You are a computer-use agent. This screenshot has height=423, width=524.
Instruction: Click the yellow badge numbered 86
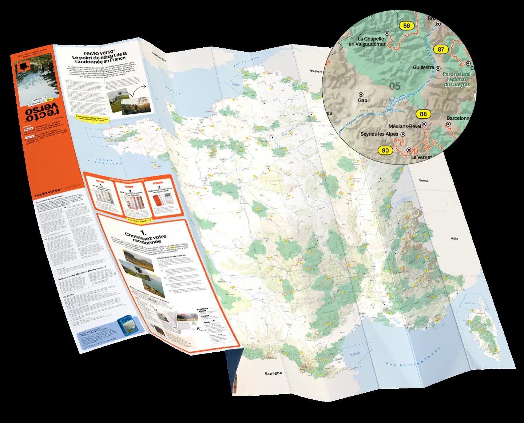[x=406, y=25]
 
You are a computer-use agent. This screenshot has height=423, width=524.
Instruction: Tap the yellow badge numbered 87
[x=441, y=49]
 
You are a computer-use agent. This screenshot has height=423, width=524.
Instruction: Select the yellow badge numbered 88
[x=423, y=114]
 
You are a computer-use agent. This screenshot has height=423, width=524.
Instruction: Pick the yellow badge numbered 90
[x=385, y=150]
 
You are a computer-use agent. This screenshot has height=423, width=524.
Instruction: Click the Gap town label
[x=362, y=100]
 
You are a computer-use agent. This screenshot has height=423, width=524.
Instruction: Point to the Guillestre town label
[x=423, y=67]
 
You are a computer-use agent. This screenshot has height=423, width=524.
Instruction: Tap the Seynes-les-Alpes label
[x=379, y=134]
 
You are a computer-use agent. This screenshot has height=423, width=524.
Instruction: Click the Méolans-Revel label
[x=405, y=126]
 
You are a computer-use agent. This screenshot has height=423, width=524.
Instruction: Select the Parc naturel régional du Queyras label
[x=457, y=79]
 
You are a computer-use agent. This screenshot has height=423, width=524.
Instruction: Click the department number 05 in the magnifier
[x=394, y=86]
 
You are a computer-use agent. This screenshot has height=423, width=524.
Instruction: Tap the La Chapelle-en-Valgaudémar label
[x=367, y=41]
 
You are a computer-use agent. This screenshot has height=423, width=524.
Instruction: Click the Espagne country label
[x=273, y=373]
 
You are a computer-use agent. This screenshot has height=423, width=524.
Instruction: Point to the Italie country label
[x=454, y=238]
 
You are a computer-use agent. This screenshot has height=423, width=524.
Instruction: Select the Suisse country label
[x=424, y=181]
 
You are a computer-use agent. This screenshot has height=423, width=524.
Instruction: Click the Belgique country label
[x=316, y=71]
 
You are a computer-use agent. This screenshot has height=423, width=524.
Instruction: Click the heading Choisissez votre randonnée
[x=146, y=237]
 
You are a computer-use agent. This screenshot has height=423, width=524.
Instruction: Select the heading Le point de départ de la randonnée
[x=99, y=58]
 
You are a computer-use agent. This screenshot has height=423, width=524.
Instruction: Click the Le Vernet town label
[x=421, y=157]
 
